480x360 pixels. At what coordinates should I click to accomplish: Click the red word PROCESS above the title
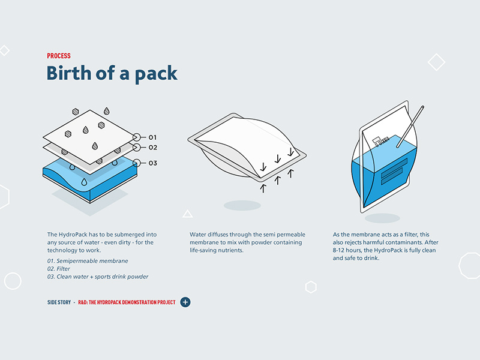click(x=59, y=56)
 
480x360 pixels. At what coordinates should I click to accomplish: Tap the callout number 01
click(x=152, y=137)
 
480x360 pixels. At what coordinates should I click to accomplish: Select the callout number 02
click(x=153, y=148)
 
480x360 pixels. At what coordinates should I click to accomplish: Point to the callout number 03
click(x=153, y=163)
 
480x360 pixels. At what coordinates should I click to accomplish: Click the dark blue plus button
click(x=185, y=302)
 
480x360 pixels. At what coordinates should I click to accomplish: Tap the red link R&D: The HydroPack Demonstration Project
click(x=127, y=302)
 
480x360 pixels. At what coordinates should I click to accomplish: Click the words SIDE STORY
click(x=59, y=302)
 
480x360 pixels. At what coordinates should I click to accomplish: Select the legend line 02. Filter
click(x=58, y=269)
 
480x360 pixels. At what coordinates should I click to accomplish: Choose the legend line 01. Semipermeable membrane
click(x=88, y=261)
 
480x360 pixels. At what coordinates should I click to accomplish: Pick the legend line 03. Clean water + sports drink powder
click(x=98, y=277)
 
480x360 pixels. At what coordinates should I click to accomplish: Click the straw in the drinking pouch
click(x=410, y=127)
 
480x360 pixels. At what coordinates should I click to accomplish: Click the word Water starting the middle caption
click(x=198, y=235)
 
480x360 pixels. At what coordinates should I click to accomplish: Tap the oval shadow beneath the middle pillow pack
click(x=242, y=205)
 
